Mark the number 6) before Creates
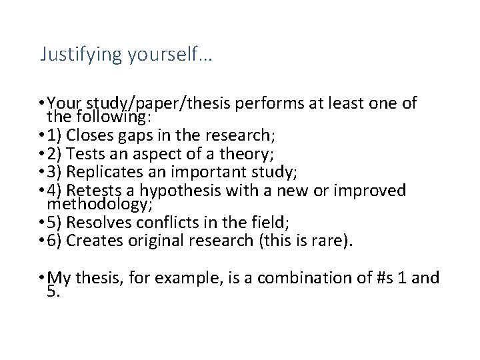coord(57,241)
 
